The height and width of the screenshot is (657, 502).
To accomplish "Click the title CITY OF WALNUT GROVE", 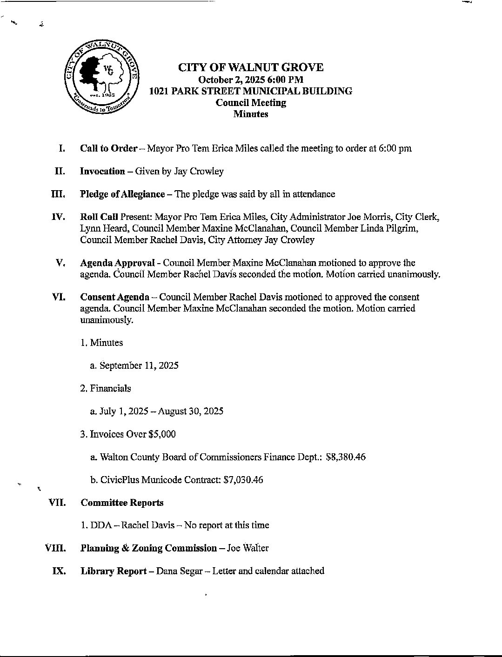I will click(251, 67).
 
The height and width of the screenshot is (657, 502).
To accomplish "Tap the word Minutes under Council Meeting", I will click(251, 114).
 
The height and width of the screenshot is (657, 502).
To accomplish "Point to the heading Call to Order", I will click(108, 149).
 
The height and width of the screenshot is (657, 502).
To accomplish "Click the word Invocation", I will click(102, 172).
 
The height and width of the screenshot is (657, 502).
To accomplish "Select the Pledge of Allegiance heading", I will click(122, 194).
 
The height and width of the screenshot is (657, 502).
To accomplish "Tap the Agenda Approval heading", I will click(117, 263).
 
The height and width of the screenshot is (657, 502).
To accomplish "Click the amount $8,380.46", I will click(346, 457).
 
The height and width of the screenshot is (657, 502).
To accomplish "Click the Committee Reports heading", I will click(122, 503).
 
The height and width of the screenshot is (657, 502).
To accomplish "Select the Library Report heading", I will click(114, 571).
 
